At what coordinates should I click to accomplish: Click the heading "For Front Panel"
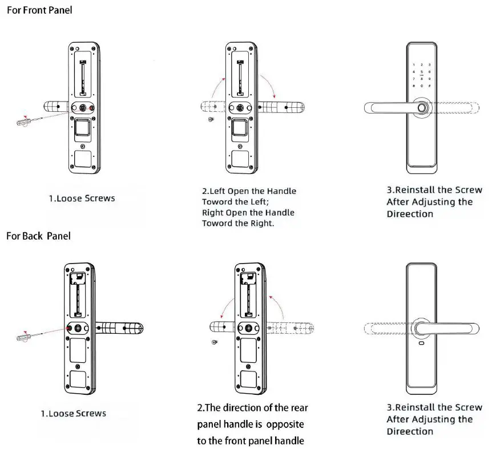pos(39,10)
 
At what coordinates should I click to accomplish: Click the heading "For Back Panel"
pos(39,236)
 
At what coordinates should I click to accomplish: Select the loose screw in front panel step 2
pos(211,120)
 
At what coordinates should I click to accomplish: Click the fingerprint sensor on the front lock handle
pos(422,107)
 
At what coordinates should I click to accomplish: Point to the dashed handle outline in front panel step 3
pos(457,107)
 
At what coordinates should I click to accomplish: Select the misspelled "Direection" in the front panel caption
pos(410,214)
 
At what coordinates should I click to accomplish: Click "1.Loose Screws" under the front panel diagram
pos(81,199)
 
